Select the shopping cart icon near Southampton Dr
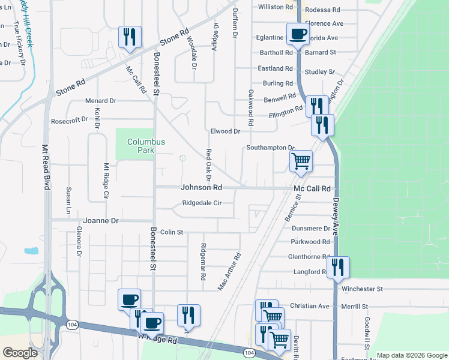[x=301, y=161]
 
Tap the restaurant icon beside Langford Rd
[x=338, y=268]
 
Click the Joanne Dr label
[x=101, y=221]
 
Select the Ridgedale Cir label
[x=202, y=203]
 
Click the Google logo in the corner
[x=20, y=352]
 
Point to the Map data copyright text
[x=411, y=355]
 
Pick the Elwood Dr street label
[x=225, y=131]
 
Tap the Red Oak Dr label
[x=209, y=165]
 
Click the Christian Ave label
[x=309, y=306]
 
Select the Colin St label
[x=171, y=232]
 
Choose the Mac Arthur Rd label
[x=229, y=271]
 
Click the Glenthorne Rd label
[x=309, y=256]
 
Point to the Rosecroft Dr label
[x=70, y=120]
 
